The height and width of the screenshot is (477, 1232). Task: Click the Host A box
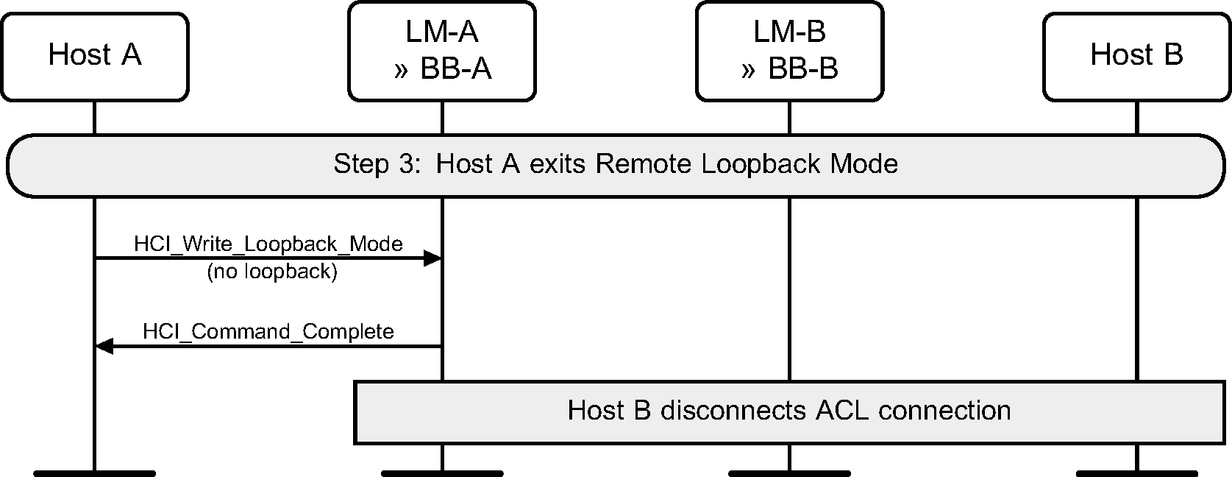click(94, 55)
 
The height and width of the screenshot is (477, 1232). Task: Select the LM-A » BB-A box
click(442, 51)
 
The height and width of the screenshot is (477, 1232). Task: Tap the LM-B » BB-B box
click(790, 51)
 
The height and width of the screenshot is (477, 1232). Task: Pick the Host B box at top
click(1136, 55)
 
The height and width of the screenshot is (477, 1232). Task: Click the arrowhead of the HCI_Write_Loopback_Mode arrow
click(432, 258)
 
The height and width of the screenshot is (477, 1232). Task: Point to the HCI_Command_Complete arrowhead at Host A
click(104, 346)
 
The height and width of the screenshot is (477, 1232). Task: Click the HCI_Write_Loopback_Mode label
click(268, 244)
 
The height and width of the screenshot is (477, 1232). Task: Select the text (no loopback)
click(271, 272)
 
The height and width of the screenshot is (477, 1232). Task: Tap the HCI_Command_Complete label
click(268, 331)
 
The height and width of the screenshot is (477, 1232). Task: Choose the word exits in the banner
click(558, 163)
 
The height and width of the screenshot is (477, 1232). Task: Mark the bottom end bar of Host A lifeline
click(94, 473)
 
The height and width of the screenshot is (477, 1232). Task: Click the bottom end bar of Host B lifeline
click(1136, 473)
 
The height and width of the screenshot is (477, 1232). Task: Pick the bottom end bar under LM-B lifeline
click(789, 473)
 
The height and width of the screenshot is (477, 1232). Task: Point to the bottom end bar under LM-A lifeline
click(442, 473)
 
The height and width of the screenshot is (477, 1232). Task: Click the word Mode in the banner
click(864, 163)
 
